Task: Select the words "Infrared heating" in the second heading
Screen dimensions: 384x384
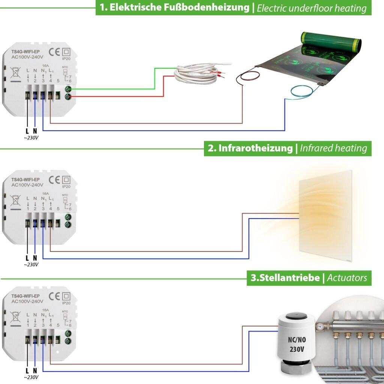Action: [x=333, y=148]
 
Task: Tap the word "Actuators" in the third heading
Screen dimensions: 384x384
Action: [x=347, y=278]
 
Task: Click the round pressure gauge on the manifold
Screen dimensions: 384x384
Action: [x=319, y=327]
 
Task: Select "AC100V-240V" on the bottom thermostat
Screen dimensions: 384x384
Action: [x=27, y=301]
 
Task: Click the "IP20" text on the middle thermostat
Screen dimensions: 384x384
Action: [x=66, y=186]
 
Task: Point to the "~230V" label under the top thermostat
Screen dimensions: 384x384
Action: [x=31, y=137]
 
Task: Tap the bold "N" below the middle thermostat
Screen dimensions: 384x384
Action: [x=35, y=258]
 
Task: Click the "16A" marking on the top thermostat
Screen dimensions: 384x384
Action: [x=45, y=65]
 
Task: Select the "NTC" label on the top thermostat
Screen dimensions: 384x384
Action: [x=65, y=68]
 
